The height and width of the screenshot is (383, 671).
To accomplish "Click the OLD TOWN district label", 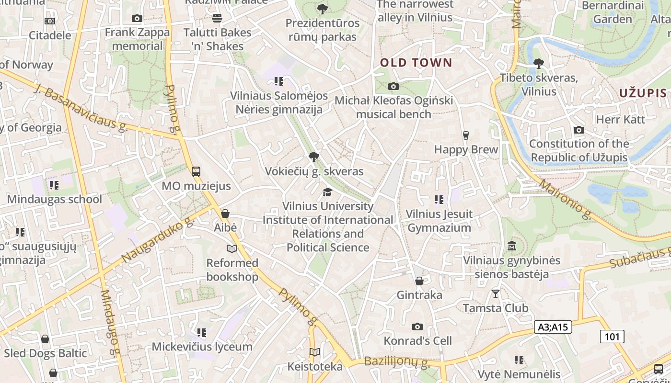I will point(416,63).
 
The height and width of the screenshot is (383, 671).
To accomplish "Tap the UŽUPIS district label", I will point(643,93).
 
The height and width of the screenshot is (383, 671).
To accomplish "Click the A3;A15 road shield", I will point(553,327).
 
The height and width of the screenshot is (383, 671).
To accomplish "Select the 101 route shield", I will point(612,337).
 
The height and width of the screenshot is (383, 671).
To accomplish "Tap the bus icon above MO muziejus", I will point(196,172).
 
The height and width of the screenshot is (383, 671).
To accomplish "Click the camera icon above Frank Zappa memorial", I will point(137,19).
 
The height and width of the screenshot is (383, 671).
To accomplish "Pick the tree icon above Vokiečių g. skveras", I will point(314,157).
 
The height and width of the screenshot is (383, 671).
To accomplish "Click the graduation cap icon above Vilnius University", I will point(327,192).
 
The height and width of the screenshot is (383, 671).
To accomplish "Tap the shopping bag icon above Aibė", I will point(225,214).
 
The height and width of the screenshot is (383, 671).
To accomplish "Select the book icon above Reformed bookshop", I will point(232,248).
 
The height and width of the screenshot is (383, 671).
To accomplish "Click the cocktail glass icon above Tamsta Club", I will point(496,294).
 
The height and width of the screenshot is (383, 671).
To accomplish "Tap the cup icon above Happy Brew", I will point(465,135).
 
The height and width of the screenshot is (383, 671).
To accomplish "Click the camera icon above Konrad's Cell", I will point(417,327).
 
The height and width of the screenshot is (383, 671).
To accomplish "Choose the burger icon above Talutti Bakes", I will point(217,18).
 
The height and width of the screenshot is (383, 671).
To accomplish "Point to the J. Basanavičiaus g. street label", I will point(82,108).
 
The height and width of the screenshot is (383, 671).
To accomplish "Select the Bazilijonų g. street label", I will point(396,362).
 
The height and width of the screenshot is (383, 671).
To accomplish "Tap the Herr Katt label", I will point(621,119).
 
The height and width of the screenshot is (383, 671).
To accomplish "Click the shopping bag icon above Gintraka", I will point(419,281).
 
